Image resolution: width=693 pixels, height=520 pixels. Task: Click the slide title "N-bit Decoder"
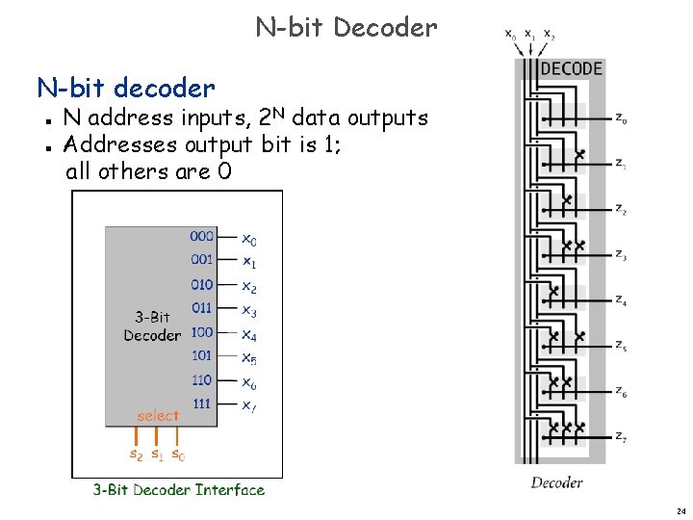(x=346, y=27)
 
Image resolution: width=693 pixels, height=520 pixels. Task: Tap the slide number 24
(x=680, y=509)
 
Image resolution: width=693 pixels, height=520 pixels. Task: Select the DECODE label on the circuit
(x=571, y=69)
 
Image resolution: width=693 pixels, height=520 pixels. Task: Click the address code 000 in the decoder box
(x=201, y=236)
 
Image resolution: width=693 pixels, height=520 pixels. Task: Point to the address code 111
(x=201, y=403)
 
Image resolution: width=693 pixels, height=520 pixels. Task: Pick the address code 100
(x=201, y=332)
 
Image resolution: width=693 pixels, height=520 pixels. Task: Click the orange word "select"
(x=158, y=416)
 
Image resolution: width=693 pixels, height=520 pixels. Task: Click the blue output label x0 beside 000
(x=248, y=238)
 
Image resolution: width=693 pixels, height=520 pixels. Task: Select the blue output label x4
(x=248, y=334)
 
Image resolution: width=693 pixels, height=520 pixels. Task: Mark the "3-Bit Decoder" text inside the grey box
(x=151, y=325)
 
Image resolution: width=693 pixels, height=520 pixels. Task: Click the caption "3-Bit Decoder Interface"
(x=178, y=489)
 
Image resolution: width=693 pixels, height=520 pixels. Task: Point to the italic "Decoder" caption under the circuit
(x=556, y=482)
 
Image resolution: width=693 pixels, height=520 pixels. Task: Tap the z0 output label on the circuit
(x=622, y=120)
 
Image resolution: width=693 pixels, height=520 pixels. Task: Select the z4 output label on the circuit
(x=622, y=301)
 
